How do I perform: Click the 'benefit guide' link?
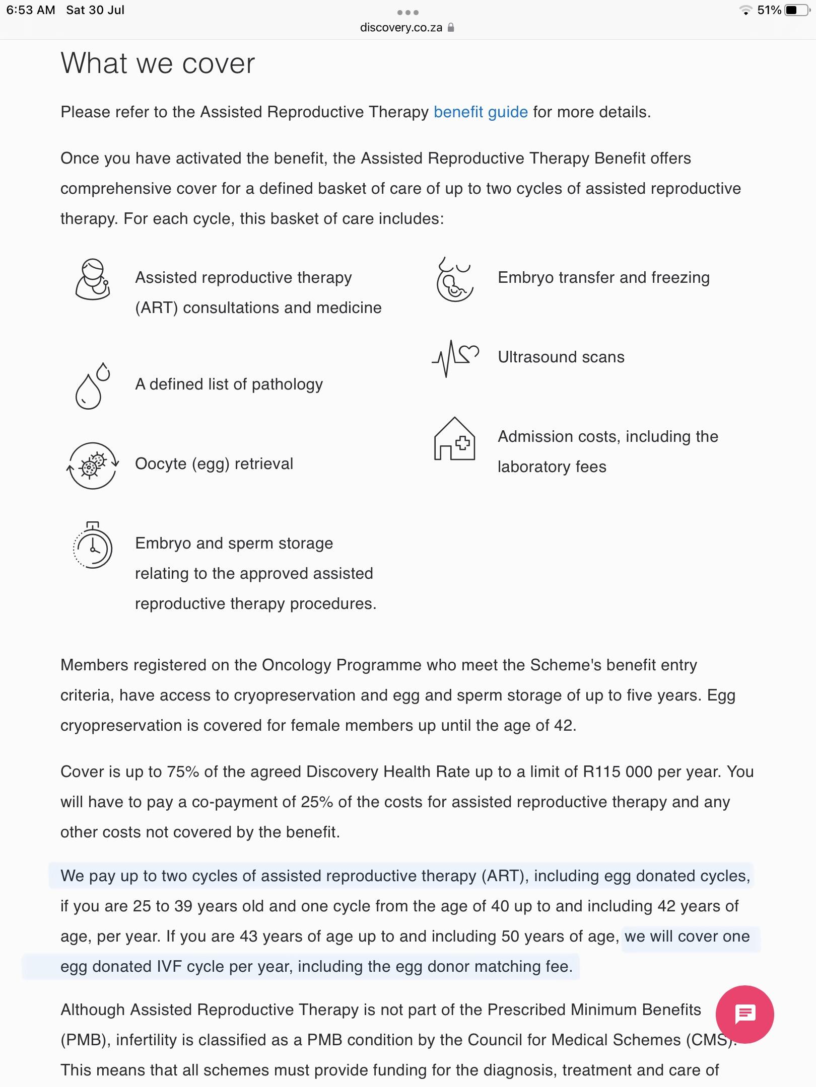click(481, 112)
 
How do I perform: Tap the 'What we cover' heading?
click(158, 64)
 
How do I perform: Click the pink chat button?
click(744, 1014)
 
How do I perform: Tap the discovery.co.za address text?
click(401, 28)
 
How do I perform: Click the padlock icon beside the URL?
click(451, 28)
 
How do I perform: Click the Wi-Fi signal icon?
click(745, 10)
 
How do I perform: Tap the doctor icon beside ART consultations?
click(93, 280)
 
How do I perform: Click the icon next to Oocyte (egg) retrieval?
click(93, 465)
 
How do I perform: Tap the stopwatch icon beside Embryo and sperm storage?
click(93, 546)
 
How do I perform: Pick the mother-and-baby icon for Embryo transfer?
click(455, 280)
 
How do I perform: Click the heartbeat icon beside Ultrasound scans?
click(455, 357)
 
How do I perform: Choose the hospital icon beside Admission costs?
click(455, 439)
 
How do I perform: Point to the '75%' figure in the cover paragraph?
click(183, 772)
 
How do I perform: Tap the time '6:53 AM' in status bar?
click(31, 10)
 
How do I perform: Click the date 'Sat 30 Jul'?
click(95, 10)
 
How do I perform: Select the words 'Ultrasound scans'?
click(561, 357)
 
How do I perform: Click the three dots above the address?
click(408, 12)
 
